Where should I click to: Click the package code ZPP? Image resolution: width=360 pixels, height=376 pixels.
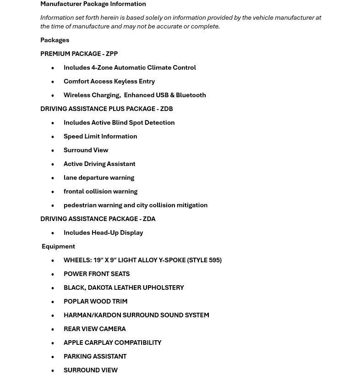(x=112, y=54)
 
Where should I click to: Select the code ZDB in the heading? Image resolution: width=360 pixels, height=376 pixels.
(x=166, y=109)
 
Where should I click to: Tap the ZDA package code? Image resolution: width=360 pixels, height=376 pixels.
(x=149, y=219)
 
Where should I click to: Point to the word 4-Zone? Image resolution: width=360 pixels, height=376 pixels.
(x=102, y=67)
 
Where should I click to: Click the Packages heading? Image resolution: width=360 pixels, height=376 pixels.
(x=55, y=40)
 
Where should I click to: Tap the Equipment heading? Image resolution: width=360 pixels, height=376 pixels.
(x=58, y=246)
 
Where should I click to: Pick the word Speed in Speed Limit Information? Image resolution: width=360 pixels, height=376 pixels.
(x=73, y=136)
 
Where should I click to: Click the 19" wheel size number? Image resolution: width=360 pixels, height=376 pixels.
(x=98, y=260)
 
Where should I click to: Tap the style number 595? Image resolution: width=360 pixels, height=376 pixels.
(x=214, y=260)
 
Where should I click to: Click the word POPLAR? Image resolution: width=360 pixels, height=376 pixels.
(x=76, y=301)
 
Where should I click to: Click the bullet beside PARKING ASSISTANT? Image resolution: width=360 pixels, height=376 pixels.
(x=53, y=357)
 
